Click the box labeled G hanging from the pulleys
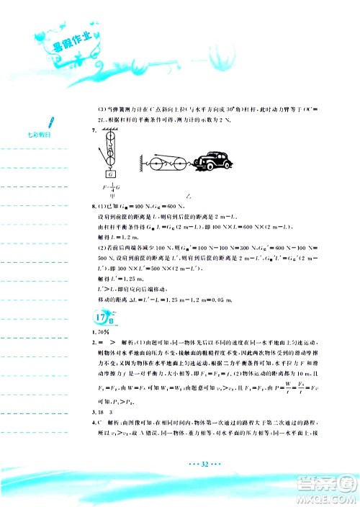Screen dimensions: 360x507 point(110,174)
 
